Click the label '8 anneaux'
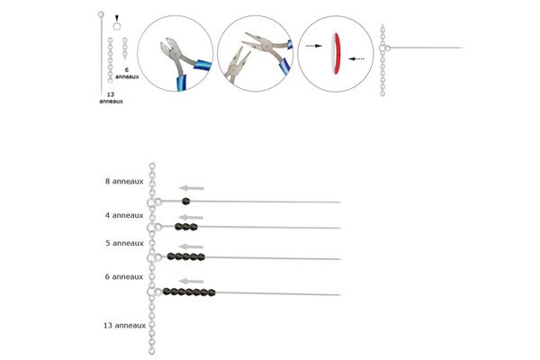(x=124, y=182)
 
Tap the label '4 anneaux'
(x=124, y=215)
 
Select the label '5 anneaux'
(x=124, y=243)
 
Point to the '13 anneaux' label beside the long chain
(x=125, y=325)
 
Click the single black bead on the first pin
(x=186, y=202)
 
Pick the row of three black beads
(x=186, y=227)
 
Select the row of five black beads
(x=186, y=256)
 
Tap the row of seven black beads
(x=189, y=292)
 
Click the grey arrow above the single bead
(x=192, y=188)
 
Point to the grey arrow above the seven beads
(x=192, y=281)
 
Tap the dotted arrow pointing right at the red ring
(x=314, y=46)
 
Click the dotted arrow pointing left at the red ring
(x=356, y=58)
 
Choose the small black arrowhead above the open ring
(x=117, y=18)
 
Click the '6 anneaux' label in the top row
(x=127, y=74)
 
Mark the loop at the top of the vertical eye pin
(x=101, y=14)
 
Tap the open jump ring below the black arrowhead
(x=117, y=26)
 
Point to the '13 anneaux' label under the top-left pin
(x=111, y=98)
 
